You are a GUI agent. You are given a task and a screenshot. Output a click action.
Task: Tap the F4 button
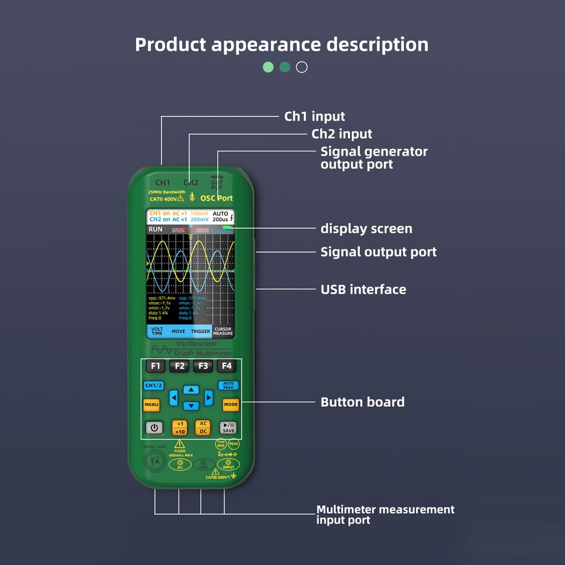[227, 366]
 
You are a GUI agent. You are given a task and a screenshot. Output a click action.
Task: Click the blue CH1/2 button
[153, 386]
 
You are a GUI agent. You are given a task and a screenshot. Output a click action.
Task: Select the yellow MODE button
[231, 405]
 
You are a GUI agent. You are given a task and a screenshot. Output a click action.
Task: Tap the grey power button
[154, 428]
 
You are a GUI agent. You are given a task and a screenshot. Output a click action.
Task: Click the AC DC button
[203, 428]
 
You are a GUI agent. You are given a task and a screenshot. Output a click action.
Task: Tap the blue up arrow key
[192, 390]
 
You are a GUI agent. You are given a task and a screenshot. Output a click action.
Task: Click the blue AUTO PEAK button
[228, 385]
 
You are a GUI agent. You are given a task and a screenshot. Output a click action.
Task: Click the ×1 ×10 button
[180, 428]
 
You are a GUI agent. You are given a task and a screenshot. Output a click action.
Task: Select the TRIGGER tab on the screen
[201, 332]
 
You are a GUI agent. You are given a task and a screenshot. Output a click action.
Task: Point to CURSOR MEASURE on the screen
[223, 331]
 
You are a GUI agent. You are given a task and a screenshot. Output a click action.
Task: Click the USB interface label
[363, 289]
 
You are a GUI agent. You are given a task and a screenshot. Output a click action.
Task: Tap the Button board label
[362, 402]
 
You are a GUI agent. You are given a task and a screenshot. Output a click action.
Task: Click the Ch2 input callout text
[342, 134]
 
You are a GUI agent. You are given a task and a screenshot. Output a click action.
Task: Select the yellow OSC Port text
[216, 198]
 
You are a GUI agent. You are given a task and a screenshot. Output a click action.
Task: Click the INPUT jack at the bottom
[229, 464]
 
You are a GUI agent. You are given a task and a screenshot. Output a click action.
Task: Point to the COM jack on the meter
[203, 465]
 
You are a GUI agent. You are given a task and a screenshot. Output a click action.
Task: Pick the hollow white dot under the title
[302, 67]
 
